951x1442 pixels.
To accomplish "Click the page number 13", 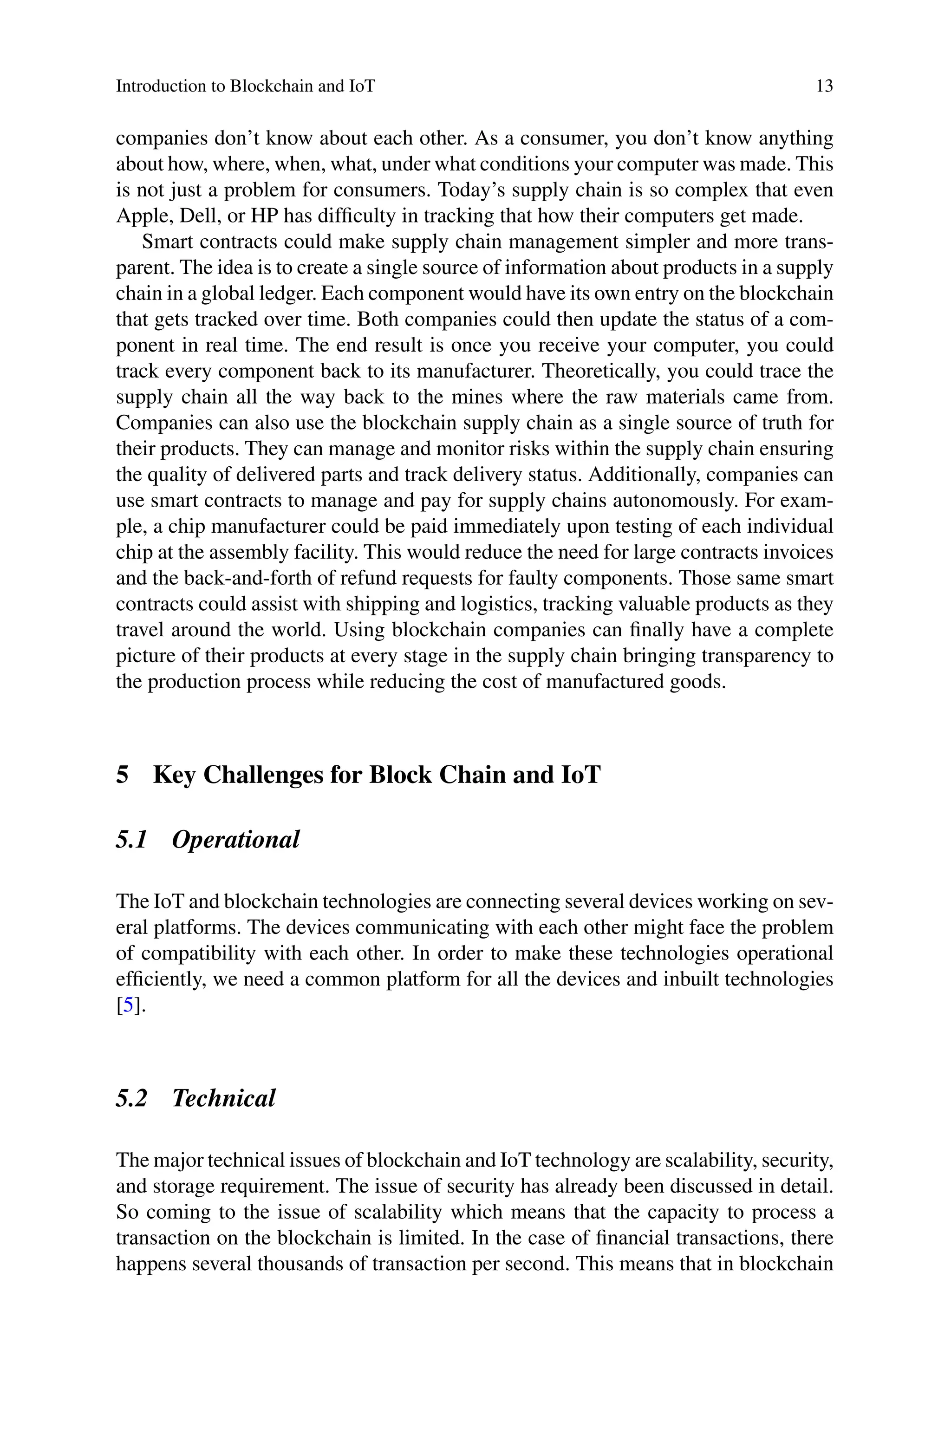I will pos(824,87).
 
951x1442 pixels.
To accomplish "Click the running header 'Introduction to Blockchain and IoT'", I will pos(246,87).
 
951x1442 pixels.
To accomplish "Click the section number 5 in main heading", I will pos(123,776).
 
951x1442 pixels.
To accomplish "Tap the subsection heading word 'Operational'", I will pos(235,840).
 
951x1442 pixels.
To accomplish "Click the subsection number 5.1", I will pos(131,840).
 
